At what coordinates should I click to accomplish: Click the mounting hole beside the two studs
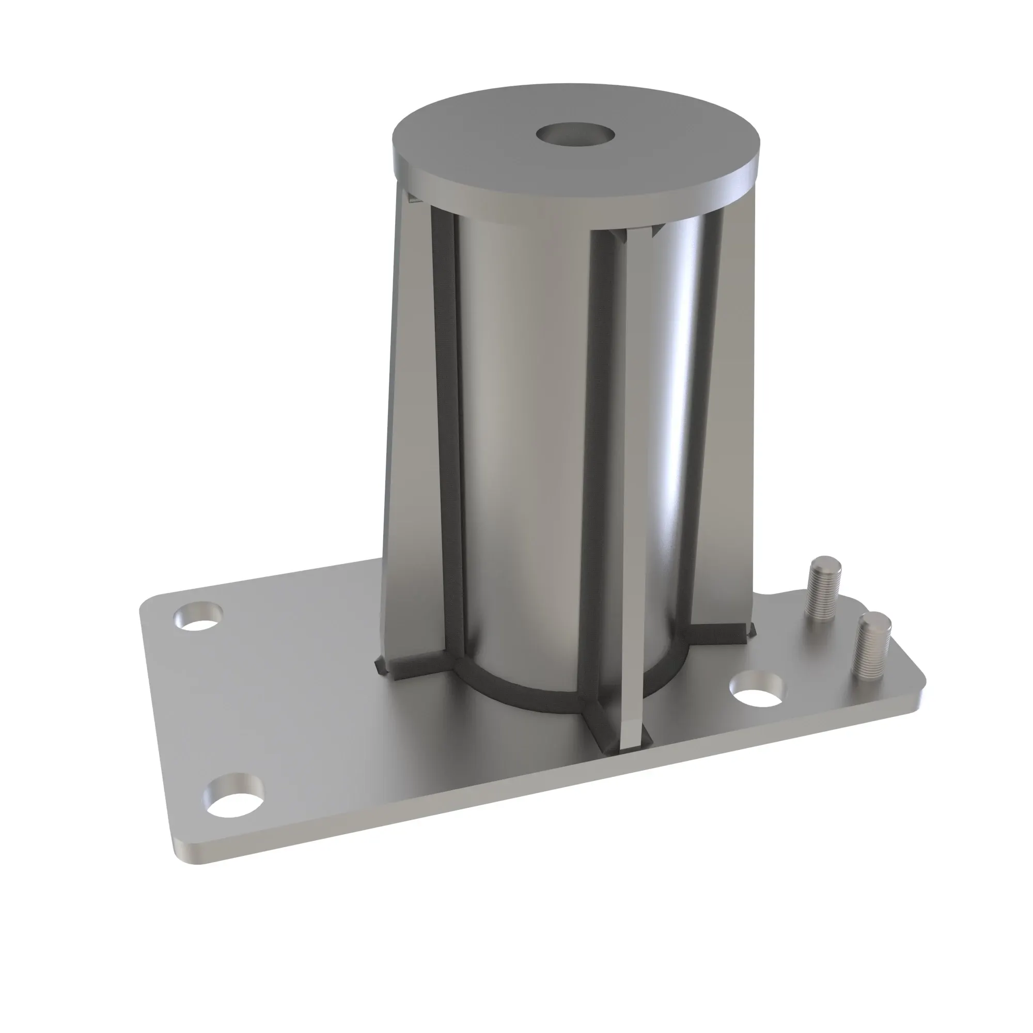point(758,690)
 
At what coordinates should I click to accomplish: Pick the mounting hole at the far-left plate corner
point(198,617)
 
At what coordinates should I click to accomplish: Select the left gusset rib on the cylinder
point(412,428)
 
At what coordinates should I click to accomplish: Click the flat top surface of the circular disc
point(481,139)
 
